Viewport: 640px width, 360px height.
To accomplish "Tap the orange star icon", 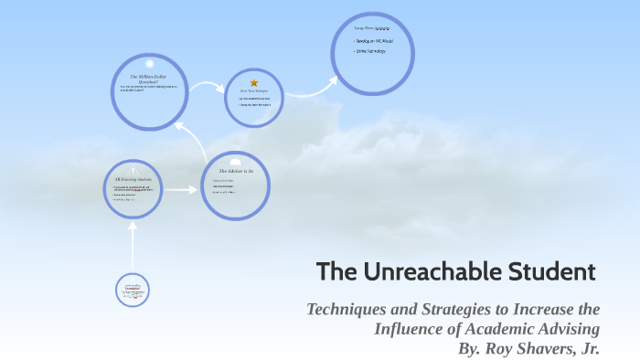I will coord(254,82).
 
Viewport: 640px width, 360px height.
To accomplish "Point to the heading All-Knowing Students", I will coord(134,178).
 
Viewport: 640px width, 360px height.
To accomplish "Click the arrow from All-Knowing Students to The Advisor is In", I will coord(181,190).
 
